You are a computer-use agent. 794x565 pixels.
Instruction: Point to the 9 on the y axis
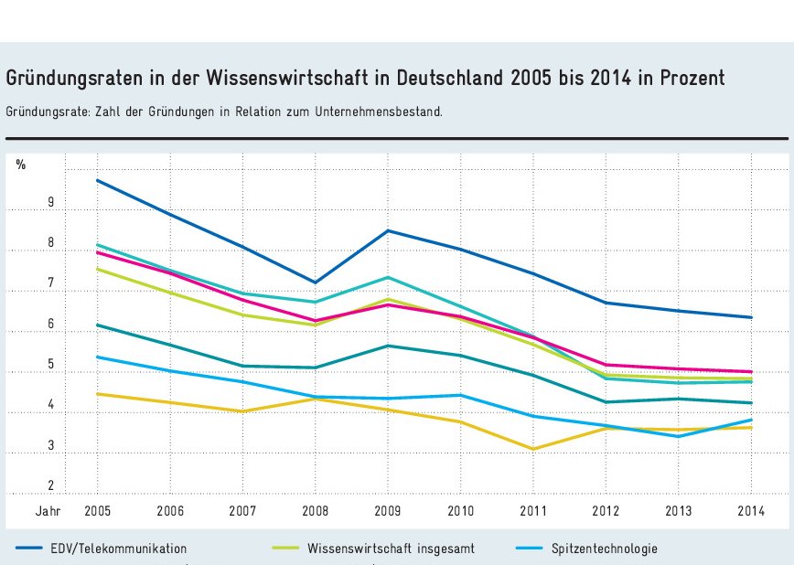(x=26, y=203)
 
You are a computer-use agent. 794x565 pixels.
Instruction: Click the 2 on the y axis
(x=26, y=486)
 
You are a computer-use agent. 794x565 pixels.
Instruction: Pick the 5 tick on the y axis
(x=26, y=366)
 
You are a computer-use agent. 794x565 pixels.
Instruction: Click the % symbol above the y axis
(x=21, y=165)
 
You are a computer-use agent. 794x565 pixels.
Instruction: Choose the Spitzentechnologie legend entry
(x=605, y=549)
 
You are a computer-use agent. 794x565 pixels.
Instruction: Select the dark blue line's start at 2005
(x=97, y=180)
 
